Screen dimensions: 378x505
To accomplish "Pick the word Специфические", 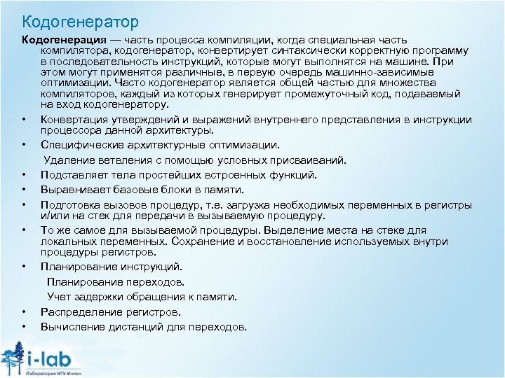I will [77, 145].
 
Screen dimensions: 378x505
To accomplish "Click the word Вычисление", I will [72, 326].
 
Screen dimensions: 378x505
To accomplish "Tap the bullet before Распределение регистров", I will [24, 311].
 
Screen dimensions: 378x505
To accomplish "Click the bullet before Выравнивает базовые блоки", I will [24, 189].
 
